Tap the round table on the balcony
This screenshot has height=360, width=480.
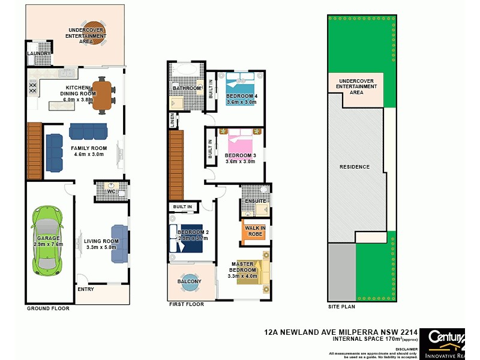point(190,284)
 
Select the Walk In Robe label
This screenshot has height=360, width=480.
point(256,230)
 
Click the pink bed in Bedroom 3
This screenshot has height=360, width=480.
point(241,144)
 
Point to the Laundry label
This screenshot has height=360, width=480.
point(39,53)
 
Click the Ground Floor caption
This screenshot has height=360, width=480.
point(48,308)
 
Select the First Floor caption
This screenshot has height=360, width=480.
point(187,304)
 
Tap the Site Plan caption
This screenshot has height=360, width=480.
point(341,307)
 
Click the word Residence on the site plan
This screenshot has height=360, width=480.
point(355,166)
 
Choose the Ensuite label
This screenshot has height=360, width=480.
point(255,200)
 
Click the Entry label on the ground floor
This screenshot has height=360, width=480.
point(86,289)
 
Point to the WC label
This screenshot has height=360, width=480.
point(111,191)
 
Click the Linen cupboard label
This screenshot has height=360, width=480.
point(173,121)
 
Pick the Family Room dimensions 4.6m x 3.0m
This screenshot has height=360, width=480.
point(89,154)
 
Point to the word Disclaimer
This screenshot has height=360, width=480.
point(407,348)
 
